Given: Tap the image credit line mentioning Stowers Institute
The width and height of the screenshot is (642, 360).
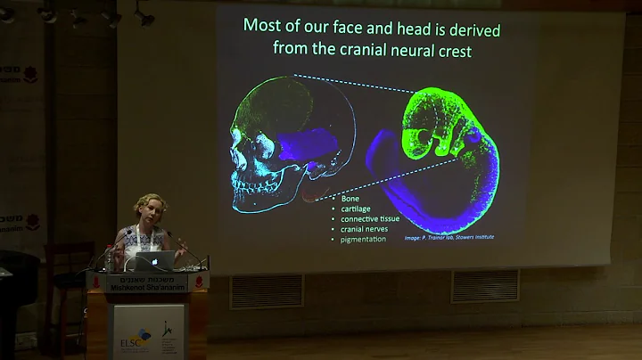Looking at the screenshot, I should click(x=449, y=239).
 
